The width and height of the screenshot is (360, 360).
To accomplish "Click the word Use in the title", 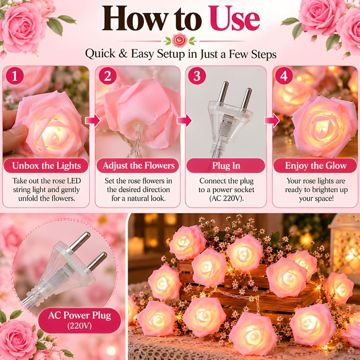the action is pos(234,19).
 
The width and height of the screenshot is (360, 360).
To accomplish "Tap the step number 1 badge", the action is pos(15,76).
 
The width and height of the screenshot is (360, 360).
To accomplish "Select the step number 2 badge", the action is pos(108,76).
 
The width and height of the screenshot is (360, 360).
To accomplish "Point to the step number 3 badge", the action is pos(197,76).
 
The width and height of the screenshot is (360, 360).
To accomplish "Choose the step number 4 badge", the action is pos(284,76).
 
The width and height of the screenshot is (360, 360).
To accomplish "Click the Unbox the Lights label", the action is pos(46,166).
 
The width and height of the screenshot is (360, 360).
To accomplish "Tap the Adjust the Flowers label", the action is pos(138,166).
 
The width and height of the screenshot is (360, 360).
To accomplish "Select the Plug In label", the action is pos(226,166).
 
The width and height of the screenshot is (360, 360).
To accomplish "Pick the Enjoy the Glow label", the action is pos(315,166).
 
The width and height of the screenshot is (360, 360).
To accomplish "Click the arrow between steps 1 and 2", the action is pos(93,120).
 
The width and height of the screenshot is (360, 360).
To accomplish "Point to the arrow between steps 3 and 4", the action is pos(272,120).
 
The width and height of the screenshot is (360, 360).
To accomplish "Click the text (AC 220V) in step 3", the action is pos(226,198).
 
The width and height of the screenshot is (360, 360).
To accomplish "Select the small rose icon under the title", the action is pos(180,40).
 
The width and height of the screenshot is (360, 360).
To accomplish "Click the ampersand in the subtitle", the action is pos(123,54).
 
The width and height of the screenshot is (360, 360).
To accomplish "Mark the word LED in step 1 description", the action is pos(74,181).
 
